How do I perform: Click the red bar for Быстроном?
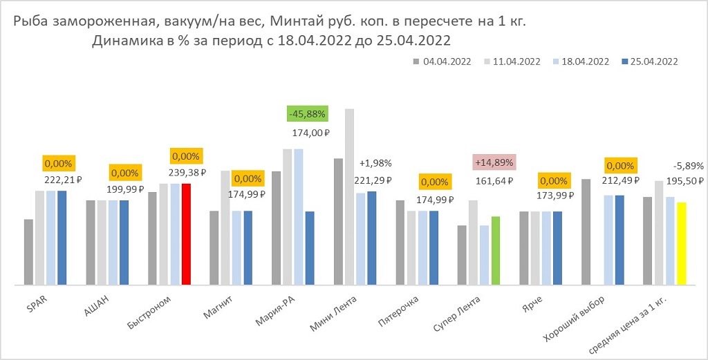point(186,234)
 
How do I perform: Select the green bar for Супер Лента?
point(495,250)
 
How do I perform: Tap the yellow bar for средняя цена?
point(681,243)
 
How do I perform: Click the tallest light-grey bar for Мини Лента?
point(349,196)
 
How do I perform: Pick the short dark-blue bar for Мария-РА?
point(310,248)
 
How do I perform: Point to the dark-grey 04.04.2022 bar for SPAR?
point(28,252)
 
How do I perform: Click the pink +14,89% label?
point(496,162)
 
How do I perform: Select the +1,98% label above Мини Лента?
point(375,163)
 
